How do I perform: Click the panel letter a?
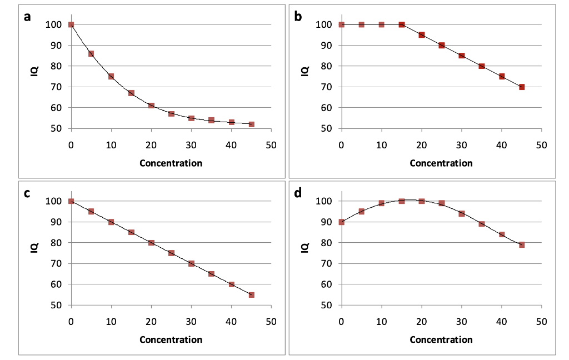click(27, 17)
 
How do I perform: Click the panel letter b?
click(298, 17)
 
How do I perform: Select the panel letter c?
click(27, 193)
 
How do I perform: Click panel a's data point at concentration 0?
click(71, 24)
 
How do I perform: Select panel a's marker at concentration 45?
click(251, 124)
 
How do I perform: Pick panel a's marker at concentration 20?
click(151, 106)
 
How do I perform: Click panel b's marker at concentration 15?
click(402, 24)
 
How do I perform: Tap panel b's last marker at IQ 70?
click(522, 87)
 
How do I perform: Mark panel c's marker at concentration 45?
click(251, 295)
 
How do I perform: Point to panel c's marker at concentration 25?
click(171, 253)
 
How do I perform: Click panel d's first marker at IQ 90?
click(341, 222)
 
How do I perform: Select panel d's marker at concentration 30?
click(462, 213)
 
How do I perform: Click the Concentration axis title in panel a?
click(171, 163)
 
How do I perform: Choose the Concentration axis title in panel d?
click(441, 339)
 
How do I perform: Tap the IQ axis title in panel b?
click(305, 72)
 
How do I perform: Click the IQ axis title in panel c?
click(34, 248)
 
